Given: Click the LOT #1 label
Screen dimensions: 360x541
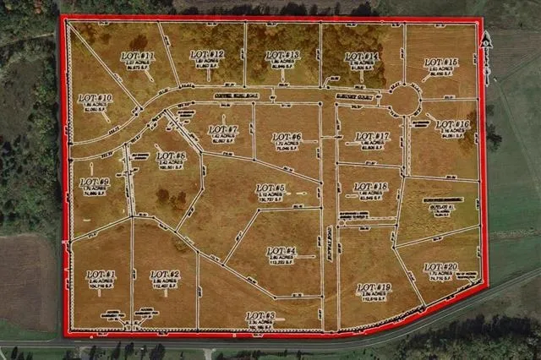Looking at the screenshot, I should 101,275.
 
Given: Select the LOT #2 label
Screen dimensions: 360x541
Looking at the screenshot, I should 165,275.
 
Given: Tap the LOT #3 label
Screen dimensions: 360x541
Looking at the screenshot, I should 260,316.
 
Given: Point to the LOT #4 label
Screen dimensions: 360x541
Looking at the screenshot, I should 281,251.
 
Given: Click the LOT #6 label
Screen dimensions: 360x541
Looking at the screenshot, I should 287,137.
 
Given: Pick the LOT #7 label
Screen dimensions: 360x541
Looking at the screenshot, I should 223,130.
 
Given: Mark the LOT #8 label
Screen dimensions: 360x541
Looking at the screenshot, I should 171,156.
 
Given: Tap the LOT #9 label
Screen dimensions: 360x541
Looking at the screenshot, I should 95,182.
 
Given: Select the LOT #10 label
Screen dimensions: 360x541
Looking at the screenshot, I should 96,99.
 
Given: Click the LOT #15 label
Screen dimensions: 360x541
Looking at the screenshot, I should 441,63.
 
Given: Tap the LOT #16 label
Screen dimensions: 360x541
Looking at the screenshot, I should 453,124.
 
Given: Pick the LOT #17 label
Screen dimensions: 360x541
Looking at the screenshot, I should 372,136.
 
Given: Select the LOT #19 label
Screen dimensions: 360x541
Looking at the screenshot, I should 374,288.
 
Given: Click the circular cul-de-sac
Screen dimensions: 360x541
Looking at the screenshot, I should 405,100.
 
